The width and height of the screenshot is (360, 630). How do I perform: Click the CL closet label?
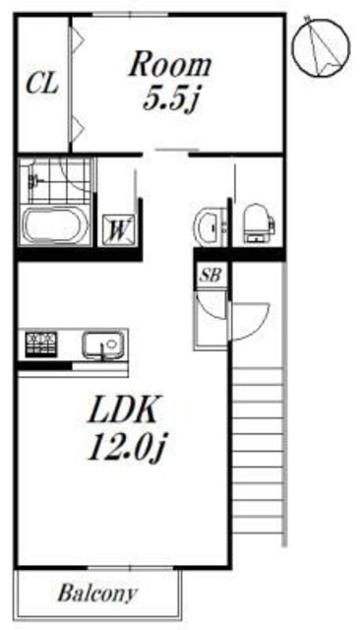pos(42,84)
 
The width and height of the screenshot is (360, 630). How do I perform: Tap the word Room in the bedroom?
pos(170,65)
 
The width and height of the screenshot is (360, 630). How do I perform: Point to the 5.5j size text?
pos(171,98)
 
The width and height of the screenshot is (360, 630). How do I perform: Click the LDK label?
pos(123,409)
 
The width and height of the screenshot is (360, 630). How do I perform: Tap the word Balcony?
pos(97,594)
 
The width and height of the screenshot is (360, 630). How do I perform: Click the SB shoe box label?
pos(210,276)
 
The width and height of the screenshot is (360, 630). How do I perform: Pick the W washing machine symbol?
pos(117,229)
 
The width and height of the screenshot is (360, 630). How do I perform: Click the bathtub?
pos(54,224)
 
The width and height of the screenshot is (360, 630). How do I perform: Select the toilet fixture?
pos(259,223)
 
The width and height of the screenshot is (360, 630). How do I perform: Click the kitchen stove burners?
pos(41,344)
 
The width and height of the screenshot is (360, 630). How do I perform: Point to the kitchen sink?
pos(103,344)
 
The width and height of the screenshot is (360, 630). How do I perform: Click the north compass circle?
pos(321,47)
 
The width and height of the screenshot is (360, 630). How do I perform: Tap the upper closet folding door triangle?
pos(78,39)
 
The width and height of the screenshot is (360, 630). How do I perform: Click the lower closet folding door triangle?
pos(78,128)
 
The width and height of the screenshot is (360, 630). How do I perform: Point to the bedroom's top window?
pos(131,15)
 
